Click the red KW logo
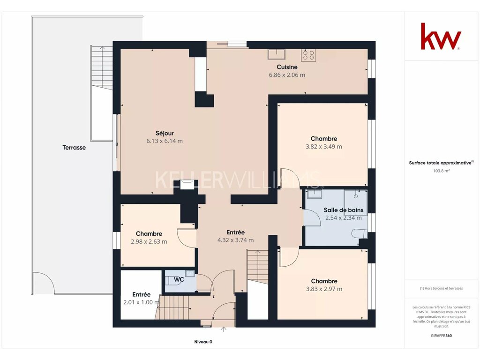[441, 36]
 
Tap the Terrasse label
[74, 148]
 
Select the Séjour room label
[165, 133]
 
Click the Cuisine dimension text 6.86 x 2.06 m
[287, 75]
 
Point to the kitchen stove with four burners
[308, 55]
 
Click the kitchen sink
[277, 54]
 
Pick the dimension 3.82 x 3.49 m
[324, 147]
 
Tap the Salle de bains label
[344, 210]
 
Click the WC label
[179, 279]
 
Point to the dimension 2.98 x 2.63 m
[149, 241]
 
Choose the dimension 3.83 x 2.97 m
[324, 289]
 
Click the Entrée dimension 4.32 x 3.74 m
[235, 240]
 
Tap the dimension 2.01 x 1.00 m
[142, 302]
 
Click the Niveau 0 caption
[203, 342]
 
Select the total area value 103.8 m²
[441, 171]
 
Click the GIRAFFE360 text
[441, 336]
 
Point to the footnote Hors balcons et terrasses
[441, 288]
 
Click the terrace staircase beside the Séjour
[102, 67]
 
